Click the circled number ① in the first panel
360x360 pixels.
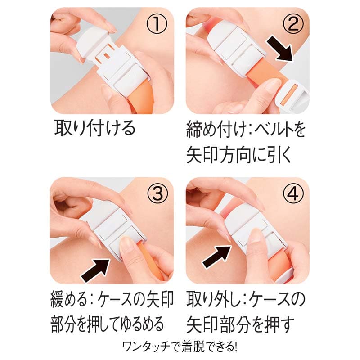point(157,24)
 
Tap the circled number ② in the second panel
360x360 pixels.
point(293,24)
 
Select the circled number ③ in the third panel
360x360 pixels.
point(157,194)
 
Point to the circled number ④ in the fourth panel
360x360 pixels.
point(293,194)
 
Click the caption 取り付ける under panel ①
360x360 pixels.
point(95,128)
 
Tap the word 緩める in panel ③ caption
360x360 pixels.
point(69,299)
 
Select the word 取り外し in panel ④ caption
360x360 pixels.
point(213,299)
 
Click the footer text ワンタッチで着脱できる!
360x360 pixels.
point(180,347)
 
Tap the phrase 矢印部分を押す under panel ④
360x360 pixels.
point(240,324)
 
